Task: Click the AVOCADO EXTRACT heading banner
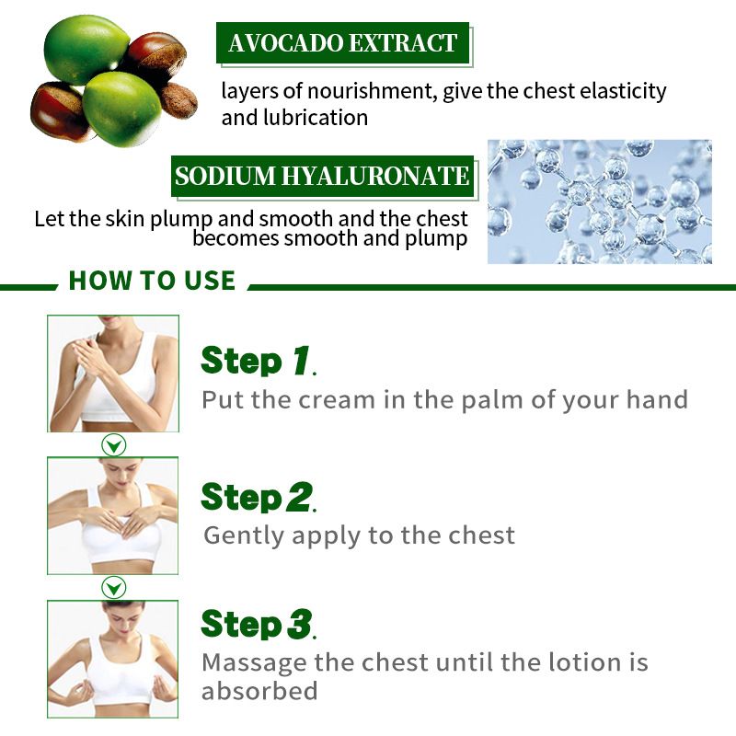tap(342, 42)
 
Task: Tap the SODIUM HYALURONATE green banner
tap(323, 176)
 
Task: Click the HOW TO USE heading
tap(152, 281)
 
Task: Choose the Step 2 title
tap(259, 497)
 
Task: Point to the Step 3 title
tap(259, 624)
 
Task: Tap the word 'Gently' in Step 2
tap(244, 536)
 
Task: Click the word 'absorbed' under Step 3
tap(259, 691)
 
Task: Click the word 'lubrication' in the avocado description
tap(316, 118)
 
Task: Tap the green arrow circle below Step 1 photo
tap(113, 444)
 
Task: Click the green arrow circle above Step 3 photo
tap(113, 587)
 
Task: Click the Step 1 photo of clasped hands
tap(113, 374)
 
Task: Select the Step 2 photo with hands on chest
tap(112, 515)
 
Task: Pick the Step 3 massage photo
tap(112, 659)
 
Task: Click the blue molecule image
tap(600, 201)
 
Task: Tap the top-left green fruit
tap(86, 49)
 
